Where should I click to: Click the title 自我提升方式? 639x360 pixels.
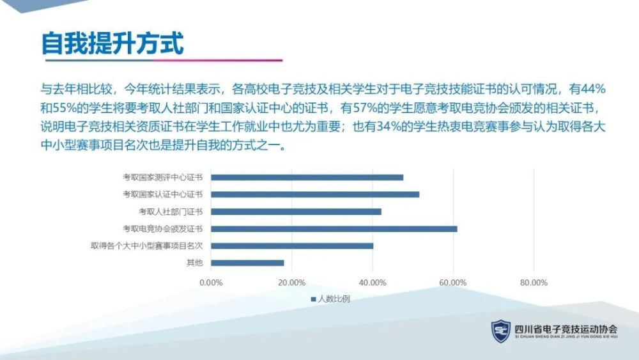pyautogui.click(x=112, y=43)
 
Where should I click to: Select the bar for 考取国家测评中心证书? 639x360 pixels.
pyautogui.click(x=307, y=177)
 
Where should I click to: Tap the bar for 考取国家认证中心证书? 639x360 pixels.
pyautogui.click(x=315, y=194)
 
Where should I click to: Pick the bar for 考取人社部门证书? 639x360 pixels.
pyautogui.click(x=296, y=212)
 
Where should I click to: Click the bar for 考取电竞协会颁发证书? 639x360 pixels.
pyautogui.click(x=334, y=229)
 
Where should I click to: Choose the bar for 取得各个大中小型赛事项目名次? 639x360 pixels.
pyautogui.click(x=292, y=246)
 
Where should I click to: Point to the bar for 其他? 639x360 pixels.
pyautogui.click(x=247, y=263)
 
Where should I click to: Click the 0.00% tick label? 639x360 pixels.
pyautogui.click(x=211, y=283)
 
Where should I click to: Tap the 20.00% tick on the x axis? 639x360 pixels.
pyautogui.click(x=292, y=283)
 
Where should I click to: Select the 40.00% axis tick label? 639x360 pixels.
pyautogui.click(x=373, y=283)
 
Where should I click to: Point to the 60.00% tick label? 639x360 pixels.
pyautogui.click(x=453, y=283)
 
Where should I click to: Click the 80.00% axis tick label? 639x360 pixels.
pyautogui.click(x=534, y=283)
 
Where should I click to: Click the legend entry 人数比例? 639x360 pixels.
pyautogui.click(x=330, y=299)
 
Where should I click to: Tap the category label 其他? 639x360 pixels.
pyautogui.click(x=195, y=263)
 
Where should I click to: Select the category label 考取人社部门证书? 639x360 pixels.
pyautogui.click(x=171, y=212)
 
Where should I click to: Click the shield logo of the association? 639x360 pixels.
pyautogui.click(x=501, y=331)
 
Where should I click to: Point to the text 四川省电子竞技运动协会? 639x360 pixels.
pyautogui.click(x=566, y=329)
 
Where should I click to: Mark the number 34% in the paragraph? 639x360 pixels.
pyautogui.click(x=389, y=127)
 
